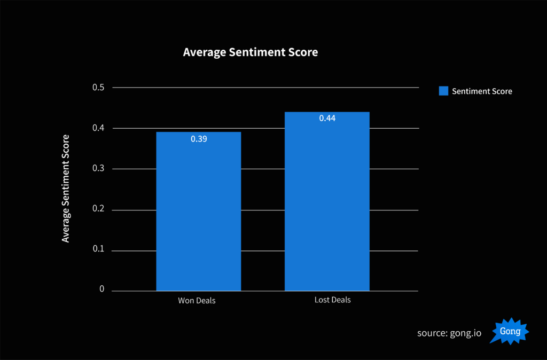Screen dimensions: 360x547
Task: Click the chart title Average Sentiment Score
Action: coord(250,52)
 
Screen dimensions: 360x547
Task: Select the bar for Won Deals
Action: coord(198,214)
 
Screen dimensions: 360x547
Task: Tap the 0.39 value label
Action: coord(199,139)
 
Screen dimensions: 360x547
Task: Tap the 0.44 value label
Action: coord(327,119)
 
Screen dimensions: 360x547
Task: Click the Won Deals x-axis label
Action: coord(197,301)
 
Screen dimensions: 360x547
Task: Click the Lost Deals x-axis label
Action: coord(332,300)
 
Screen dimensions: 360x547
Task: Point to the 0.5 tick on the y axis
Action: coord(99,88)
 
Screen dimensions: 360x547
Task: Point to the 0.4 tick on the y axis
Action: coord(99,128)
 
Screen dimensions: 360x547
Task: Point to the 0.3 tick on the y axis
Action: coord(99,169)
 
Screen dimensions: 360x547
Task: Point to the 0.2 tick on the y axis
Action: coord(99,210)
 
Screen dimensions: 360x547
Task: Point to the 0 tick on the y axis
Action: coord(101,289)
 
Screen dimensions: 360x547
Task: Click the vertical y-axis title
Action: coord(66,188)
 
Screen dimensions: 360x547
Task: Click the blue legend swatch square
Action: coord(443,91)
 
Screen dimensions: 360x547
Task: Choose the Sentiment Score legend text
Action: coord(482,91)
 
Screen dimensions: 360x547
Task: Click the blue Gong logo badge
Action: coord(510,331)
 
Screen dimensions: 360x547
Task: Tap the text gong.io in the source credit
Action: coord(466,333)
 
